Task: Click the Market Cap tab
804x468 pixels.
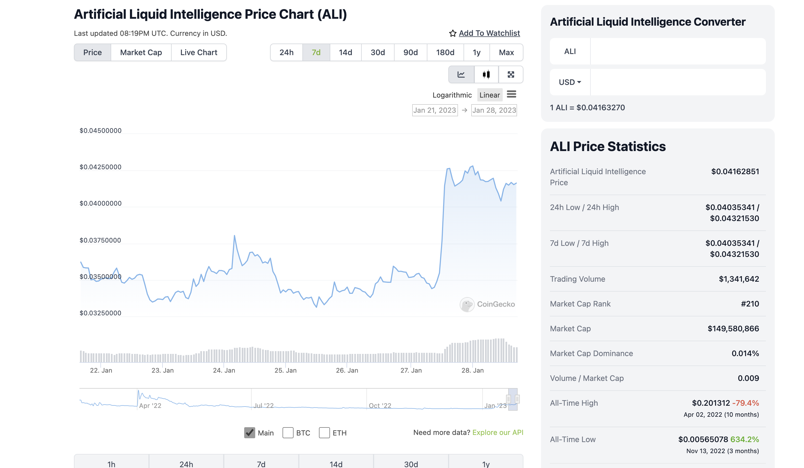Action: coord(141,52)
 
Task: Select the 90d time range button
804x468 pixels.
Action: coord(410,52)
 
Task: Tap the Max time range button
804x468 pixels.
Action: coord(506,52)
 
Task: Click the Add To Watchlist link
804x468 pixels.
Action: coord(489,33)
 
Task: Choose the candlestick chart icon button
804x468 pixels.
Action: coord(486,74)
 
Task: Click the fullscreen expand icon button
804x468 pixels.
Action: coord(510,74)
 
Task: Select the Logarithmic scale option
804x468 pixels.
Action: coord(452,95)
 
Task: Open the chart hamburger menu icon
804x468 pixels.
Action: coord(511,94)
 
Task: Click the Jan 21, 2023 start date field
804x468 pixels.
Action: coord(435,110)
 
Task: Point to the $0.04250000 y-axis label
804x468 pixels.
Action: coord(100,167)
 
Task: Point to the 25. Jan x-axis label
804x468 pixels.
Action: coord(286,370)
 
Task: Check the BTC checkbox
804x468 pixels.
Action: coord(288,433)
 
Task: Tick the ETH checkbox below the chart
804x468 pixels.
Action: coord(324,433)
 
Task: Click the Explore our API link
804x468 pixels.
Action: coord(497,432)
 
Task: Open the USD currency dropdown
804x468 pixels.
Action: coord(570,82)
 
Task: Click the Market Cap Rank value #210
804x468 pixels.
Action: coord(749,304)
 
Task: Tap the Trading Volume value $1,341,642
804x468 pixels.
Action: coord(739,279)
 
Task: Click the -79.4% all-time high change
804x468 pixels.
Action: coord(745,403)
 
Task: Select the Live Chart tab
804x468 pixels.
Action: coord(198,52)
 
